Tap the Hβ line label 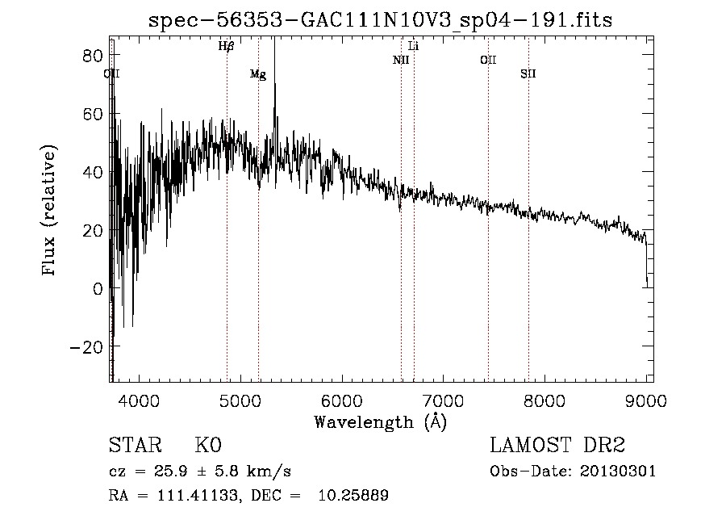pos(226,47)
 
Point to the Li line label pos(413,46)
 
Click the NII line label pos(401,60)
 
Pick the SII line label pos(528,74)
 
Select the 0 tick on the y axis pos(97,289)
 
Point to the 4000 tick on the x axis pos(140,400)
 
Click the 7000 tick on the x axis pos(444,400)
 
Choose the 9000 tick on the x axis pos(646,400)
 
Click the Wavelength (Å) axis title pos(380,421)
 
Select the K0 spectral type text pos(207,446)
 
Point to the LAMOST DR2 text pos(557,446)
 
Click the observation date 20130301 pos(618,471)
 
